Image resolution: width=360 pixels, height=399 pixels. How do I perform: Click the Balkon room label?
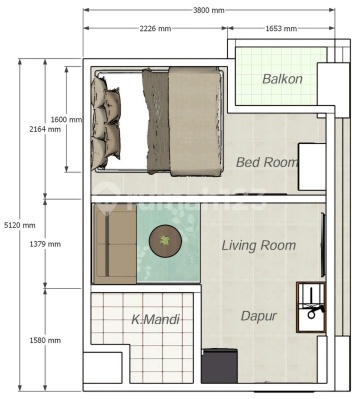[282, 79]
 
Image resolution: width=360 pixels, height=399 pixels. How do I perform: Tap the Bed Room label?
[267, 162]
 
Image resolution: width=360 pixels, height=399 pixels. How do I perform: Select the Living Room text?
[259, 245]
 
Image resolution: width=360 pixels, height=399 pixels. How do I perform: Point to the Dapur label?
[259, 316]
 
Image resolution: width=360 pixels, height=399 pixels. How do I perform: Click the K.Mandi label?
[155, 320]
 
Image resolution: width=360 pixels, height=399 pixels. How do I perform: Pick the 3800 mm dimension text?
[209, 10]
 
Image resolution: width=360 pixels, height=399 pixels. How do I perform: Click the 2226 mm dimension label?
[155, 29]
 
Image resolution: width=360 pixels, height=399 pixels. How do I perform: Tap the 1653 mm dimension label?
[281, 29]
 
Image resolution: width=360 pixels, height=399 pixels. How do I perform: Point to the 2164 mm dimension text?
[45, 129]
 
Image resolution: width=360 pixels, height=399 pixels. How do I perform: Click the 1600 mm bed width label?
[66, 119]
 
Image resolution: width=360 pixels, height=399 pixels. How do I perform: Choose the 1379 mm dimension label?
[45, 244]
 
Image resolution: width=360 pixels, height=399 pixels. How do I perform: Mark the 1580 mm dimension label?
[45, 340]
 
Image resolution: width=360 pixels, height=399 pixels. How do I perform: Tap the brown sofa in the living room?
[114, 244]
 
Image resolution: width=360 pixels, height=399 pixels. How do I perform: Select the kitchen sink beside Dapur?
[311, 307]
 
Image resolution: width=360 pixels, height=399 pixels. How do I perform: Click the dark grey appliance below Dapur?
[219, 366]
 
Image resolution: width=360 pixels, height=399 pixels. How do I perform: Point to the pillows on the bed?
[105, 121]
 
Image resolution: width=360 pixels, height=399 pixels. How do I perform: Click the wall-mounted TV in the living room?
[323, 244]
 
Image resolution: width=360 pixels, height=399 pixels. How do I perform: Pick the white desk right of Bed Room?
[312, 167]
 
